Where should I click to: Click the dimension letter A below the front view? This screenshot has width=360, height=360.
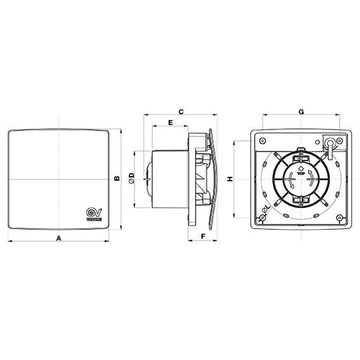pos(59,238)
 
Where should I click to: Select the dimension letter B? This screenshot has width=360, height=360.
pos(116,179)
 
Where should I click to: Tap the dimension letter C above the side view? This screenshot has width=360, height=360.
pos(181,111)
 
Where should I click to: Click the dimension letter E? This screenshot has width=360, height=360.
pos(171,121)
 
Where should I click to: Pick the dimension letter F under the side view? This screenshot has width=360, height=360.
pos(202,236)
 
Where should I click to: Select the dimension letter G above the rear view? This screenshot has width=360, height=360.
pos(301,111)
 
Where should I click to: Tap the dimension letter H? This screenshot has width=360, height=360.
pos(231,179)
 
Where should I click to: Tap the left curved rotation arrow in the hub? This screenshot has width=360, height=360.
pos(292,181)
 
